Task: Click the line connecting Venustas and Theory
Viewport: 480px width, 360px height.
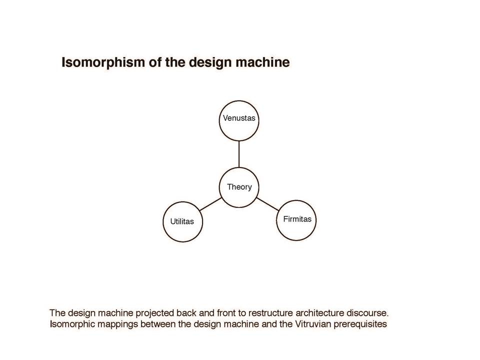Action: point(239,154)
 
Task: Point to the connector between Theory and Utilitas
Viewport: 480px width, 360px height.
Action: point(210,204)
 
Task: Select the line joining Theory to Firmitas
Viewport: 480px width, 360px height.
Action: point(267,204)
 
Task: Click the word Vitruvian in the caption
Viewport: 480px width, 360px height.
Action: point(312,324)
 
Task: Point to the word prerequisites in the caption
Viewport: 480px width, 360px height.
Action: point(360,324)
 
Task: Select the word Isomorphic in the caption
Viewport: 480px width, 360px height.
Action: point(72,324)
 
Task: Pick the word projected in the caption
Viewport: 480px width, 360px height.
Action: point(155,313)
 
